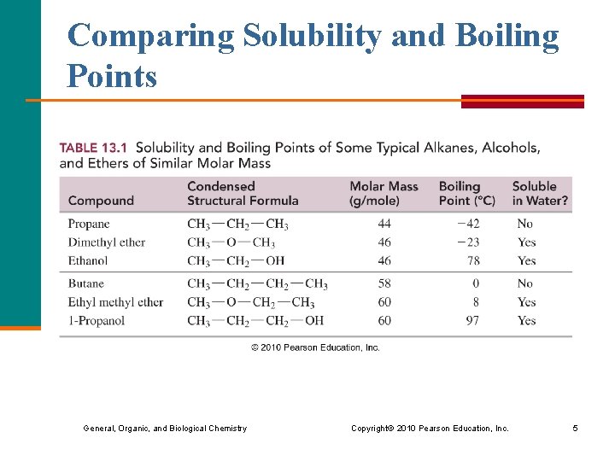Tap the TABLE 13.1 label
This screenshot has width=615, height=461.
pos(93,148)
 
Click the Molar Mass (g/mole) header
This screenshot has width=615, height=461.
pos(384,193)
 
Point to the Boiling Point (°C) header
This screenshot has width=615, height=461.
pos(466,193)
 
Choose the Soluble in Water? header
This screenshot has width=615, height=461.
pos(540,193)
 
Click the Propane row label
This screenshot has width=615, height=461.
pos(89,224)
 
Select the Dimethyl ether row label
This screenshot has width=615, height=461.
pos(107,242)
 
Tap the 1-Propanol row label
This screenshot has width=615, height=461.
pos(96,321)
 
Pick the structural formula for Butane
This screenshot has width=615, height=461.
pos(257,283)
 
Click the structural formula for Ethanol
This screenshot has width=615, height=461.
pos(236,261)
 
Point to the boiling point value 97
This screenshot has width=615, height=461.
pos(472,321)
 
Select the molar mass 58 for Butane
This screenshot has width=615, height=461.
pos(384,283)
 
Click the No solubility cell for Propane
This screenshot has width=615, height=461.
pos(524,224)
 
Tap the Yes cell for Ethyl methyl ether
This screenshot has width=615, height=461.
pos(526,302)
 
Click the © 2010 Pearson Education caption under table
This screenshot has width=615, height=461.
pos(315,347)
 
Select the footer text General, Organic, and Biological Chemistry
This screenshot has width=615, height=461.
pos(165,429)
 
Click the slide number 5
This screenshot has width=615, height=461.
pos(575,429)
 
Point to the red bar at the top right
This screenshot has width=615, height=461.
pos(522,101)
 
